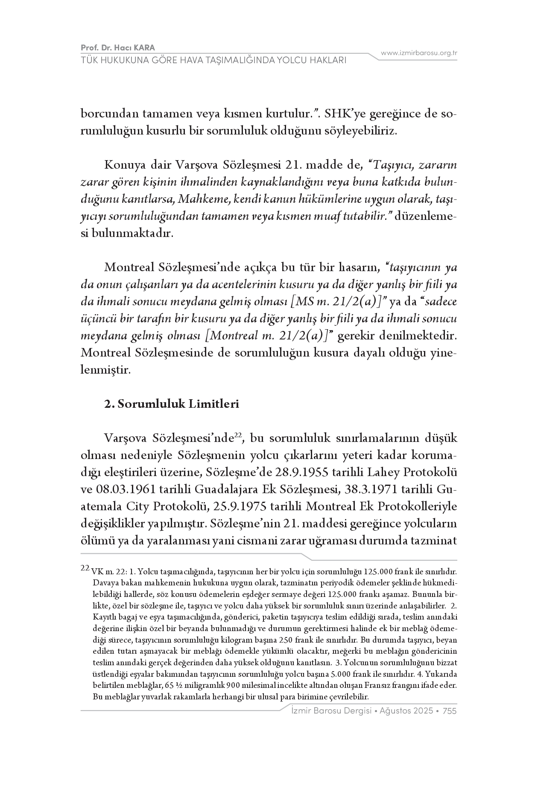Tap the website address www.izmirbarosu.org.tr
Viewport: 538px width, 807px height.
tap(419, 53)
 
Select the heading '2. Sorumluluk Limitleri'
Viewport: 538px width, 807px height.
tap(172, 404)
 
